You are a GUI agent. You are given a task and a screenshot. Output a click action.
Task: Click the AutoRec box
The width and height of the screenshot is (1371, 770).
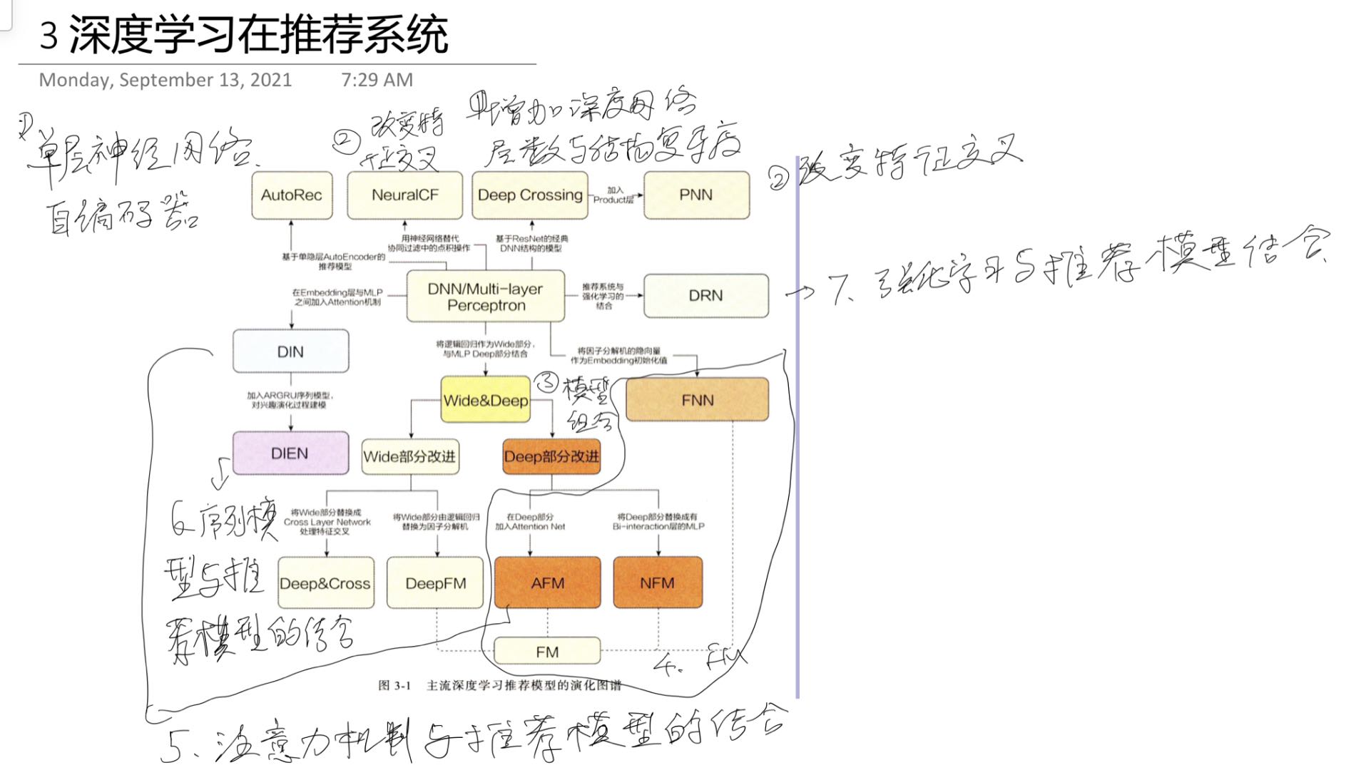click(292, 195)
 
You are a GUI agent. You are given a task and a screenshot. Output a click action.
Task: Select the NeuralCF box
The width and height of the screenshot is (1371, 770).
click(404, 195)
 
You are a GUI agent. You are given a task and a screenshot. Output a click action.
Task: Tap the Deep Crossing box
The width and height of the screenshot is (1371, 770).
click(529, 195)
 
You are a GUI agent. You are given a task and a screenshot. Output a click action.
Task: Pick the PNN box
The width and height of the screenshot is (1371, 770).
click(696, 195)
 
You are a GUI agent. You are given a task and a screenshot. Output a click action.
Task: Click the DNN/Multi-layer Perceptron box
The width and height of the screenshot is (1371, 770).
click(486, 297)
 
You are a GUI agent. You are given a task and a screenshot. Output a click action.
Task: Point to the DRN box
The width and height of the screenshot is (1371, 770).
click(705, 295)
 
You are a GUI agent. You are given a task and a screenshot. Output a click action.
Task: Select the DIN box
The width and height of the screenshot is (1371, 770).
click(290, 351)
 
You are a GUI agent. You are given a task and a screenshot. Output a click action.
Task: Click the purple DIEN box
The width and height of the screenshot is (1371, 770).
click(290, 453)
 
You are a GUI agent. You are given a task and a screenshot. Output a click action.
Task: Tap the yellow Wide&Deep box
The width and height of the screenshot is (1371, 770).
click(486, 400)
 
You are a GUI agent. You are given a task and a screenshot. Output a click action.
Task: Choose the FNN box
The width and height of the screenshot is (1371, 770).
click(697, 400)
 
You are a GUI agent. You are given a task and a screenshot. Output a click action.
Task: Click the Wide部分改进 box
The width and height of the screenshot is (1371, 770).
click(409, 456)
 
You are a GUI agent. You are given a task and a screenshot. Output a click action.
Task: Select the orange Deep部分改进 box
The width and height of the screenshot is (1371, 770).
click(551, 456)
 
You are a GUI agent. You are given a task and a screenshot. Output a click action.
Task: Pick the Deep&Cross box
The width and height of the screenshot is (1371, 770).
click(325, 583)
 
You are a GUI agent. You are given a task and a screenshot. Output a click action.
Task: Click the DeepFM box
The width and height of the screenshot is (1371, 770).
click(435, 583)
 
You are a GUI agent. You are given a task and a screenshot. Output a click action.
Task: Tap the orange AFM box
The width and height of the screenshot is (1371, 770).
click(547, 582)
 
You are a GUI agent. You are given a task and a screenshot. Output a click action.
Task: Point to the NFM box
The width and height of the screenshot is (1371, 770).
click(657, 582)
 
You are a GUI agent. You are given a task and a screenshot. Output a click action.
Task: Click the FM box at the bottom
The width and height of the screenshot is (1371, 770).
click(547, 652)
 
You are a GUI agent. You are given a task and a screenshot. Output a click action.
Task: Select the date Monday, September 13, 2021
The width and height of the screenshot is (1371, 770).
click(165, 80)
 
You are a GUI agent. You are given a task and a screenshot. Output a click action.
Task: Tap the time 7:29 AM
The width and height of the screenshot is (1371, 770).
click(377, 80)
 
